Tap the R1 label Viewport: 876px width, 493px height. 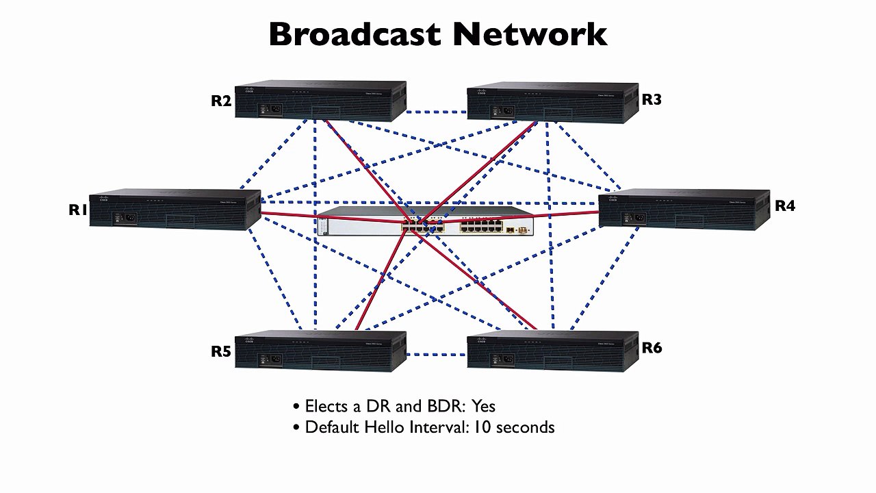tap(78, 210)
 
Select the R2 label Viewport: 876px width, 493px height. tap(221, 101)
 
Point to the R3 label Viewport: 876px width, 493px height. tap(652, 100)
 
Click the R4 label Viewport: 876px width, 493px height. tap(785, 205)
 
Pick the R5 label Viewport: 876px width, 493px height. tap(221, 352)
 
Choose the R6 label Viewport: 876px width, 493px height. tap(652, 348)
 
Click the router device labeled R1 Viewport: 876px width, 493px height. tap(175, 210)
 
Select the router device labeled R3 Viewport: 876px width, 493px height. tap(552, 102)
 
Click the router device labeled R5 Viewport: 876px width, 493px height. tap(320, 351)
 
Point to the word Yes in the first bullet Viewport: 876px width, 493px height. tap(483, 406)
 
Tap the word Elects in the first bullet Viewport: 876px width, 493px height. tap(324, 406)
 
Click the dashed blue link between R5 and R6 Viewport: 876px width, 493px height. tap(437, 355)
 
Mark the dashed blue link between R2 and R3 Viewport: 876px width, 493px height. tap(437, 112)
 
